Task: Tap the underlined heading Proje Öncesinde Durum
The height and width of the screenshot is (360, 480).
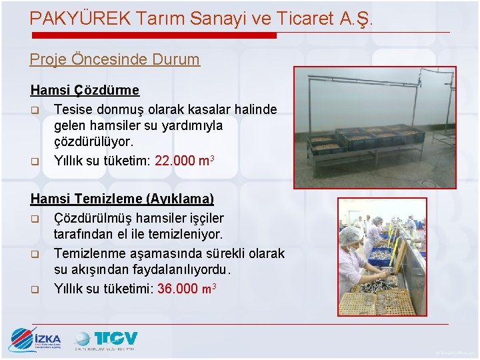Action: click(114, 59)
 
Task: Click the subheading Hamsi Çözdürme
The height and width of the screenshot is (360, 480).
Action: click(85, 90)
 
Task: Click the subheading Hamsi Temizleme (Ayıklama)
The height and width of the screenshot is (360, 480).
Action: click(122, 199)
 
